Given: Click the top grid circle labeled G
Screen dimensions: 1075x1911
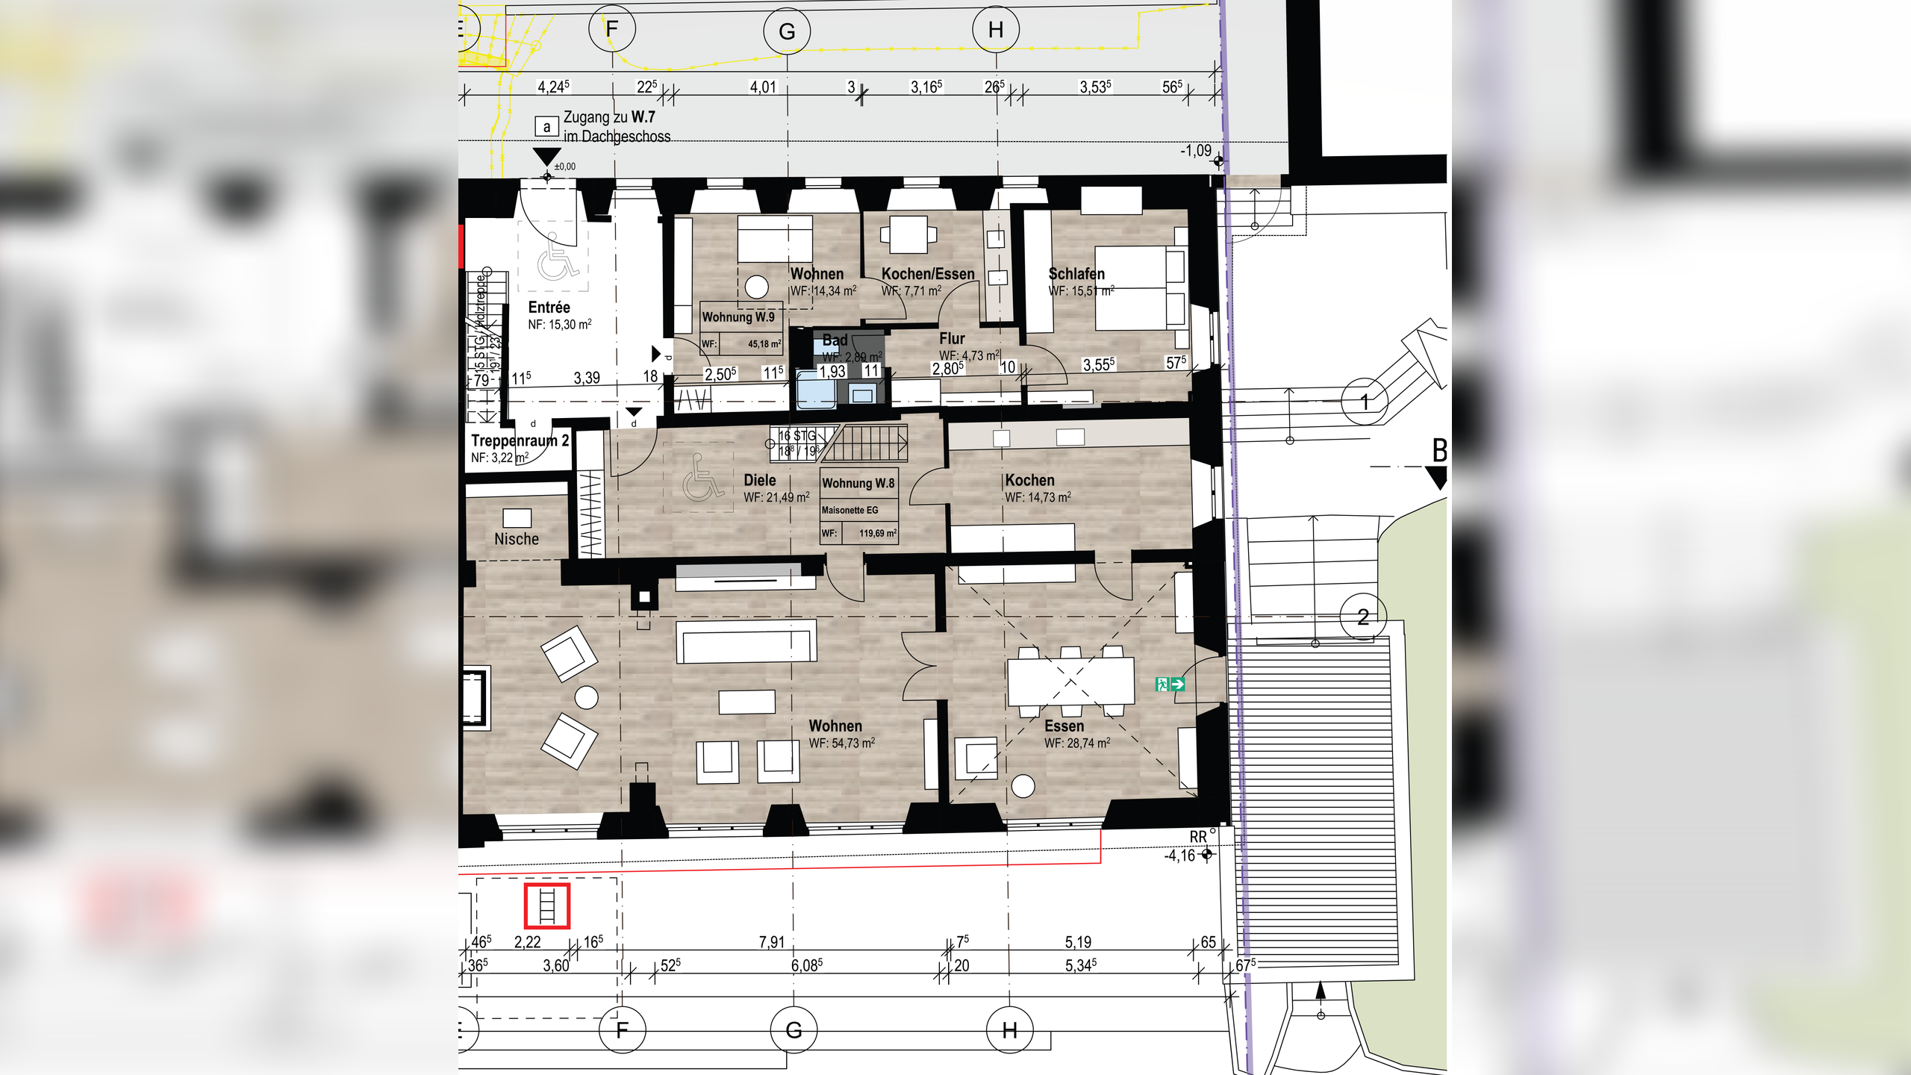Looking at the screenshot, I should click(787, 31).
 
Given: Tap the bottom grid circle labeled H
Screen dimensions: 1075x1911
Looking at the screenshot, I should click(1009, 1030).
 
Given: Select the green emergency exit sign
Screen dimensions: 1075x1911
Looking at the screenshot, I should click(1170, 684).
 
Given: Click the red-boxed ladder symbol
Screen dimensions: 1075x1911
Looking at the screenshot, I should click(547, 906).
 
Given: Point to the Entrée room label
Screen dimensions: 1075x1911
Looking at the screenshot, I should click(549, 308).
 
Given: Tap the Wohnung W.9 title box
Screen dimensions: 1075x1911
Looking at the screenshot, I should click(738, 317).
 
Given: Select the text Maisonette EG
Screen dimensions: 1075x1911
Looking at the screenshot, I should click(849, 510).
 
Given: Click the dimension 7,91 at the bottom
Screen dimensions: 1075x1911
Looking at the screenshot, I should click(772, 942).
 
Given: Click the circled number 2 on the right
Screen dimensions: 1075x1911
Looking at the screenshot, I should click(1363, 617).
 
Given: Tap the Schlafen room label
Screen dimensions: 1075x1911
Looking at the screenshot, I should click(1076, 274).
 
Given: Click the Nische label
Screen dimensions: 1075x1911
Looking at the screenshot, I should click(516, 539).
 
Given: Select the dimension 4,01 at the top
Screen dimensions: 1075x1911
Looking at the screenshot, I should click(763, 87).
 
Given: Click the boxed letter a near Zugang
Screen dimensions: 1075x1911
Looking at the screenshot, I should click(546, 127).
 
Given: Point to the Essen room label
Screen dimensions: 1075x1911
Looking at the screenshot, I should click(1064, 726).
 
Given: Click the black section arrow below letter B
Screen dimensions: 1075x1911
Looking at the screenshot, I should click(1436, 477).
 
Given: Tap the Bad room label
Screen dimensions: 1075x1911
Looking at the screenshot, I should click(835, 340).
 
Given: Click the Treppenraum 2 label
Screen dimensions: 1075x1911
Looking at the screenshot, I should click(520, 441).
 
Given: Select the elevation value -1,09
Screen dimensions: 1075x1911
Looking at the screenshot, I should click(1195, 151).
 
